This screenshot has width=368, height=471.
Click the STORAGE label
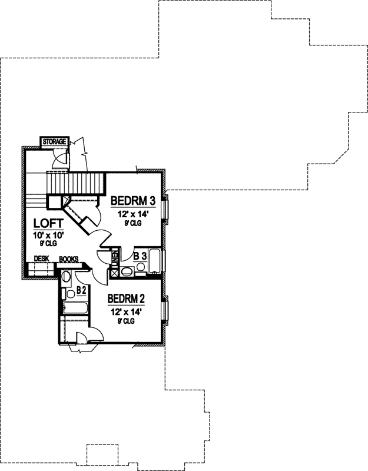(x=54, y=142)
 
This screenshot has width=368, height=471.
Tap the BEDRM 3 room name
(x=132, y=199)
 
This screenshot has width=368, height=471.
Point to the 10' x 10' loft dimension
(x=47, y=235)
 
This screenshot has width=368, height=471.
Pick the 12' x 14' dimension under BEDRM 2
(x=126, y=311)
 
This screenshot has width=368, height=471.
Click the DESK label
(x=41, y=258)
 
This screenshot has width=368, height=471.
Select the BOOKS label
(x=68, y=258)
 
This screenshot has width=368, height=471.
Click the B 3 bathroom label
(x=140, y=256)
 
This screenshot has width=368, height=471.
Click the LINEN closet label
(x=115, y=259)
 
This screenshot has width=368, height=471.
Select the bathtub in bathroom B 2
(x=74, y=310)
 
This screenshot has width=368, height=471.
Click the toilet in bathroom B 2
(x=67, y=277)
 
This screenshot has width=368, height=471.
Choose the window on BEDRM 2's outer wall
(x=167, y=312)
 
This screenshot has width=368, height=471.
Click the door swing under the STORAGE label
(x=60, y=157)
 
